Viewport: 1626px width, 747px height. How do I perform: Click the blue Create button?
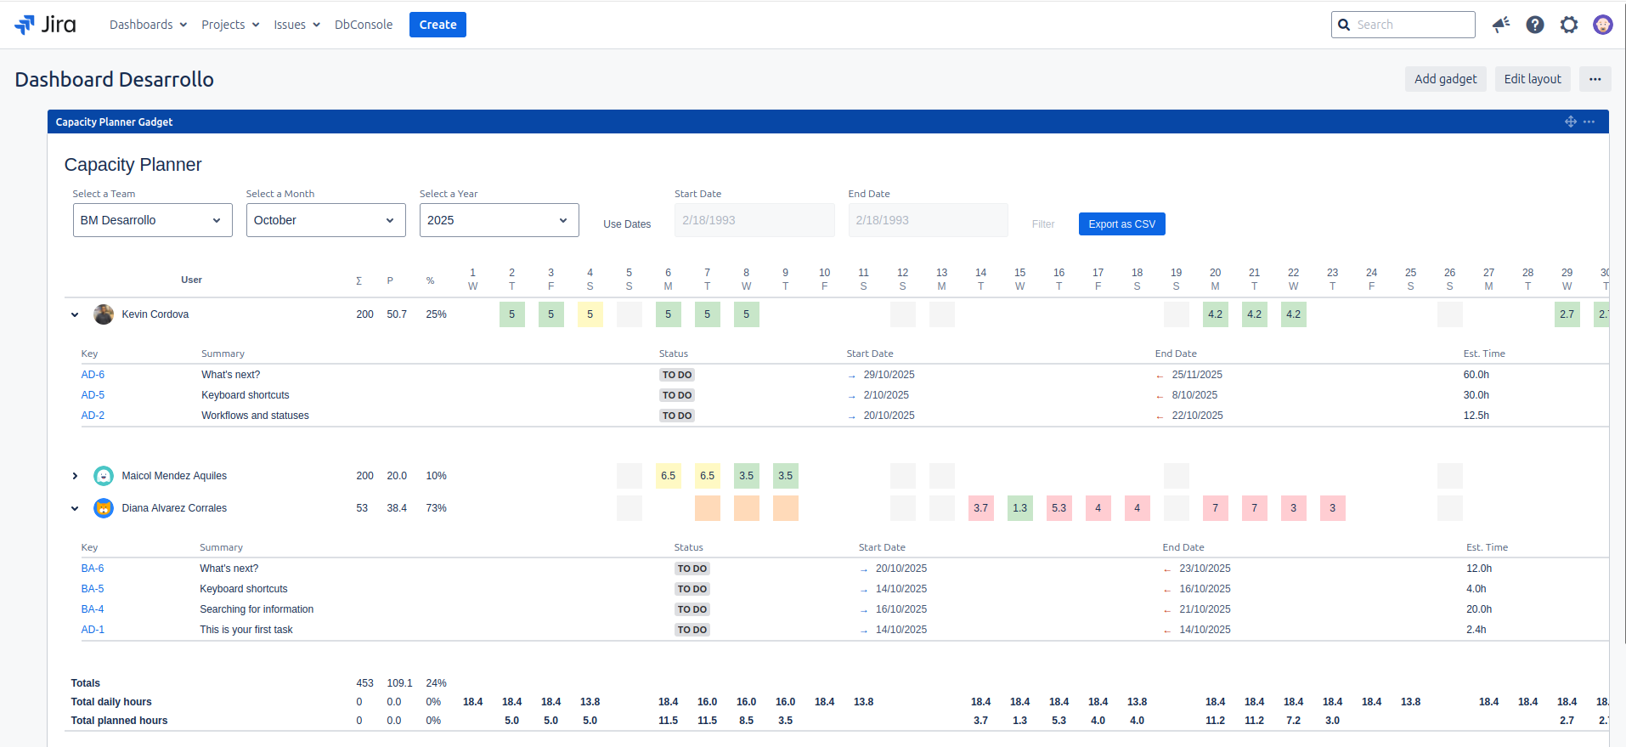[438, 25]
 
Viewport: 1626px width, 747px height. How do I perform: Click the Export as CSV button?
[1121, 224]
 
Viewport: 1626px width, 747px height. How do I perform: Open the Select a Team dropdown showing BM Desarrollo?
[152, 220]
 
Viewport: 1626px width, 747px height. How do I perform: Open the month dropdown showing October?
[325, 220]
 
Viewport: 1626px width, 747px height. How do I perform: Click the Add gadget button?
[1445, 79]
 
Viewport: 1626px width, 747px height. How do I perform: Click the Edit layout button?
[1532, 79]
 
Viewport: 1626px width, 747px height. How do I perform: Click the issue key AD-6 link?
[93, 375]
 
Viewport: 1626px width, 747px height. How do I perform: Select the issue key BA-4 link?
[93, 609]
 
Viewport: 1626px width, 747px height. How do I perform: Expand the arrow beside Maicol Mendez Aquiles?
[75, 476]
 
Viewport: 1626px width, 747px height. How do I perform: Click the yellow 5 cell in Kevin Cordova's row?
[590, 314]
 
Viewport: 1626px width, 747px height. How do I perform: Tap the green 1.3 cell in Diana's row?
[1019, 508]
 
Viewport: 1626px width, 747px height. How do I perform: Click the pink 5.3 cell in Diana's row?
[1059, 508]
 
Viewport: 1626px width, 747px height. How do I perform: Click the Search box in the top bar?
[1410, 25]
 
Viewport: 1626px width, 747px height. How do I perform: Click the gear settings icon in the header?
[1568, 25]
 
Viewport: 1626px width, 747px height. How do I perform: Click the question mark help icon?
[1534, 25]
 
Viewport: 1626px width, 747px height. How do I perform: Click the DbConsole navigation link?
[364, 25]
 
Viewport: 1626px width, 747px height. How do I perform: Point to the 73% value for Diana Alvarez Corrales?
[436, 508]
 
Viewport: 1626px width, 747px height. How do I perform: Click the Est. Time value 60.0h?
[1476, 375]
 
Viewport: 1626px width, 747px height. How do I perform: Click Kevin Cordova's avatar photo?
[104, 314]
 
